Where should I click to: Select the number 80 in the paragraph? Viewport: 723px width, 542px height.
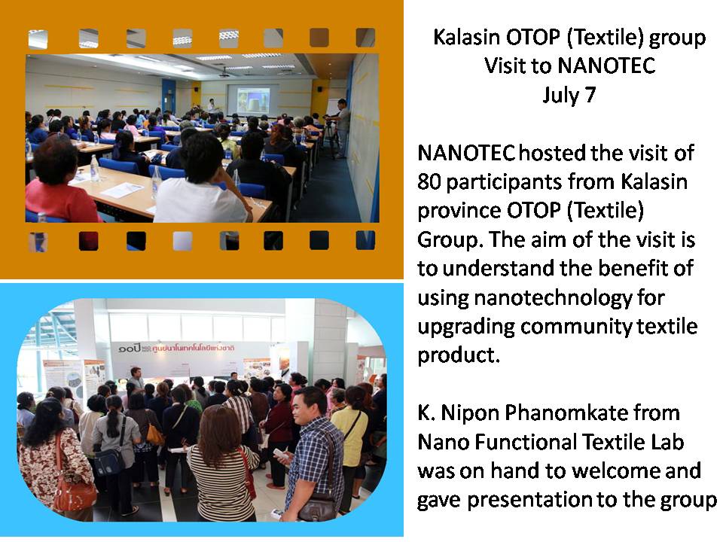point(429,181)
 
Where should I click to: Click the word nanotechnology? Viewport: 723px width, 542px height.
point(553,298)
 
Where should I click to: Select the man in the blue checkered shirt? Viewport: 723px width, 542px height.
point(313,454)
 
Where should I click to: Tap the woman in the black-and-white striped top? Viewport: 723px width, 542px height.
point(221,464)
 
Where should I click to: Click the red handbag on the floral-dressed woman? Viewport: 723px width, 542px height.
point(74,494)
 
